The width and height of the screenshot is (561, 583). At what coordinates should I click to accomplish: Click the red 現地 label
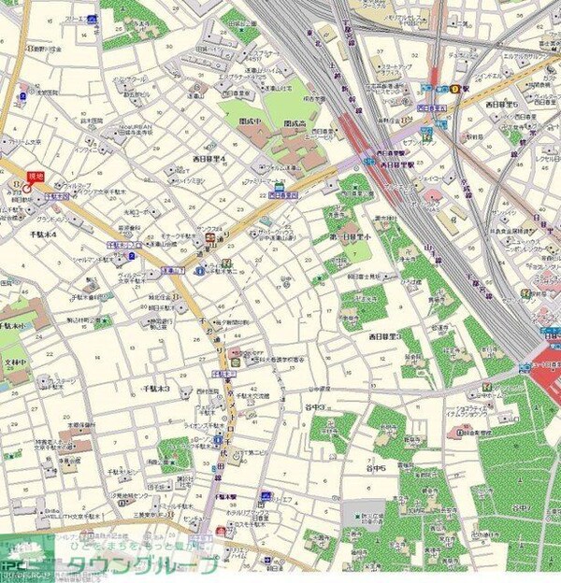(36, 176)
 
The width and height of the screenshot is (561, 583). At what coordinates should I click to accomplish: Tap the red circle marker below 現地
(25, 187)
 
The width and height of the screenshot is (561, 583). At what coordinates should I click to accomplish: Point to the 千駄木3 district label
(155, 387)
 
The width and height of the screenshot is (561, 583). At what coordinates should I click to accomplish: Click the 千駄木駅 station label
(224, 497)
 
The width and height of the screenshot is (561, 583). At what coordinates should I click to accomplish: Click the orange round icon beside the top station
(455, 89)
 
